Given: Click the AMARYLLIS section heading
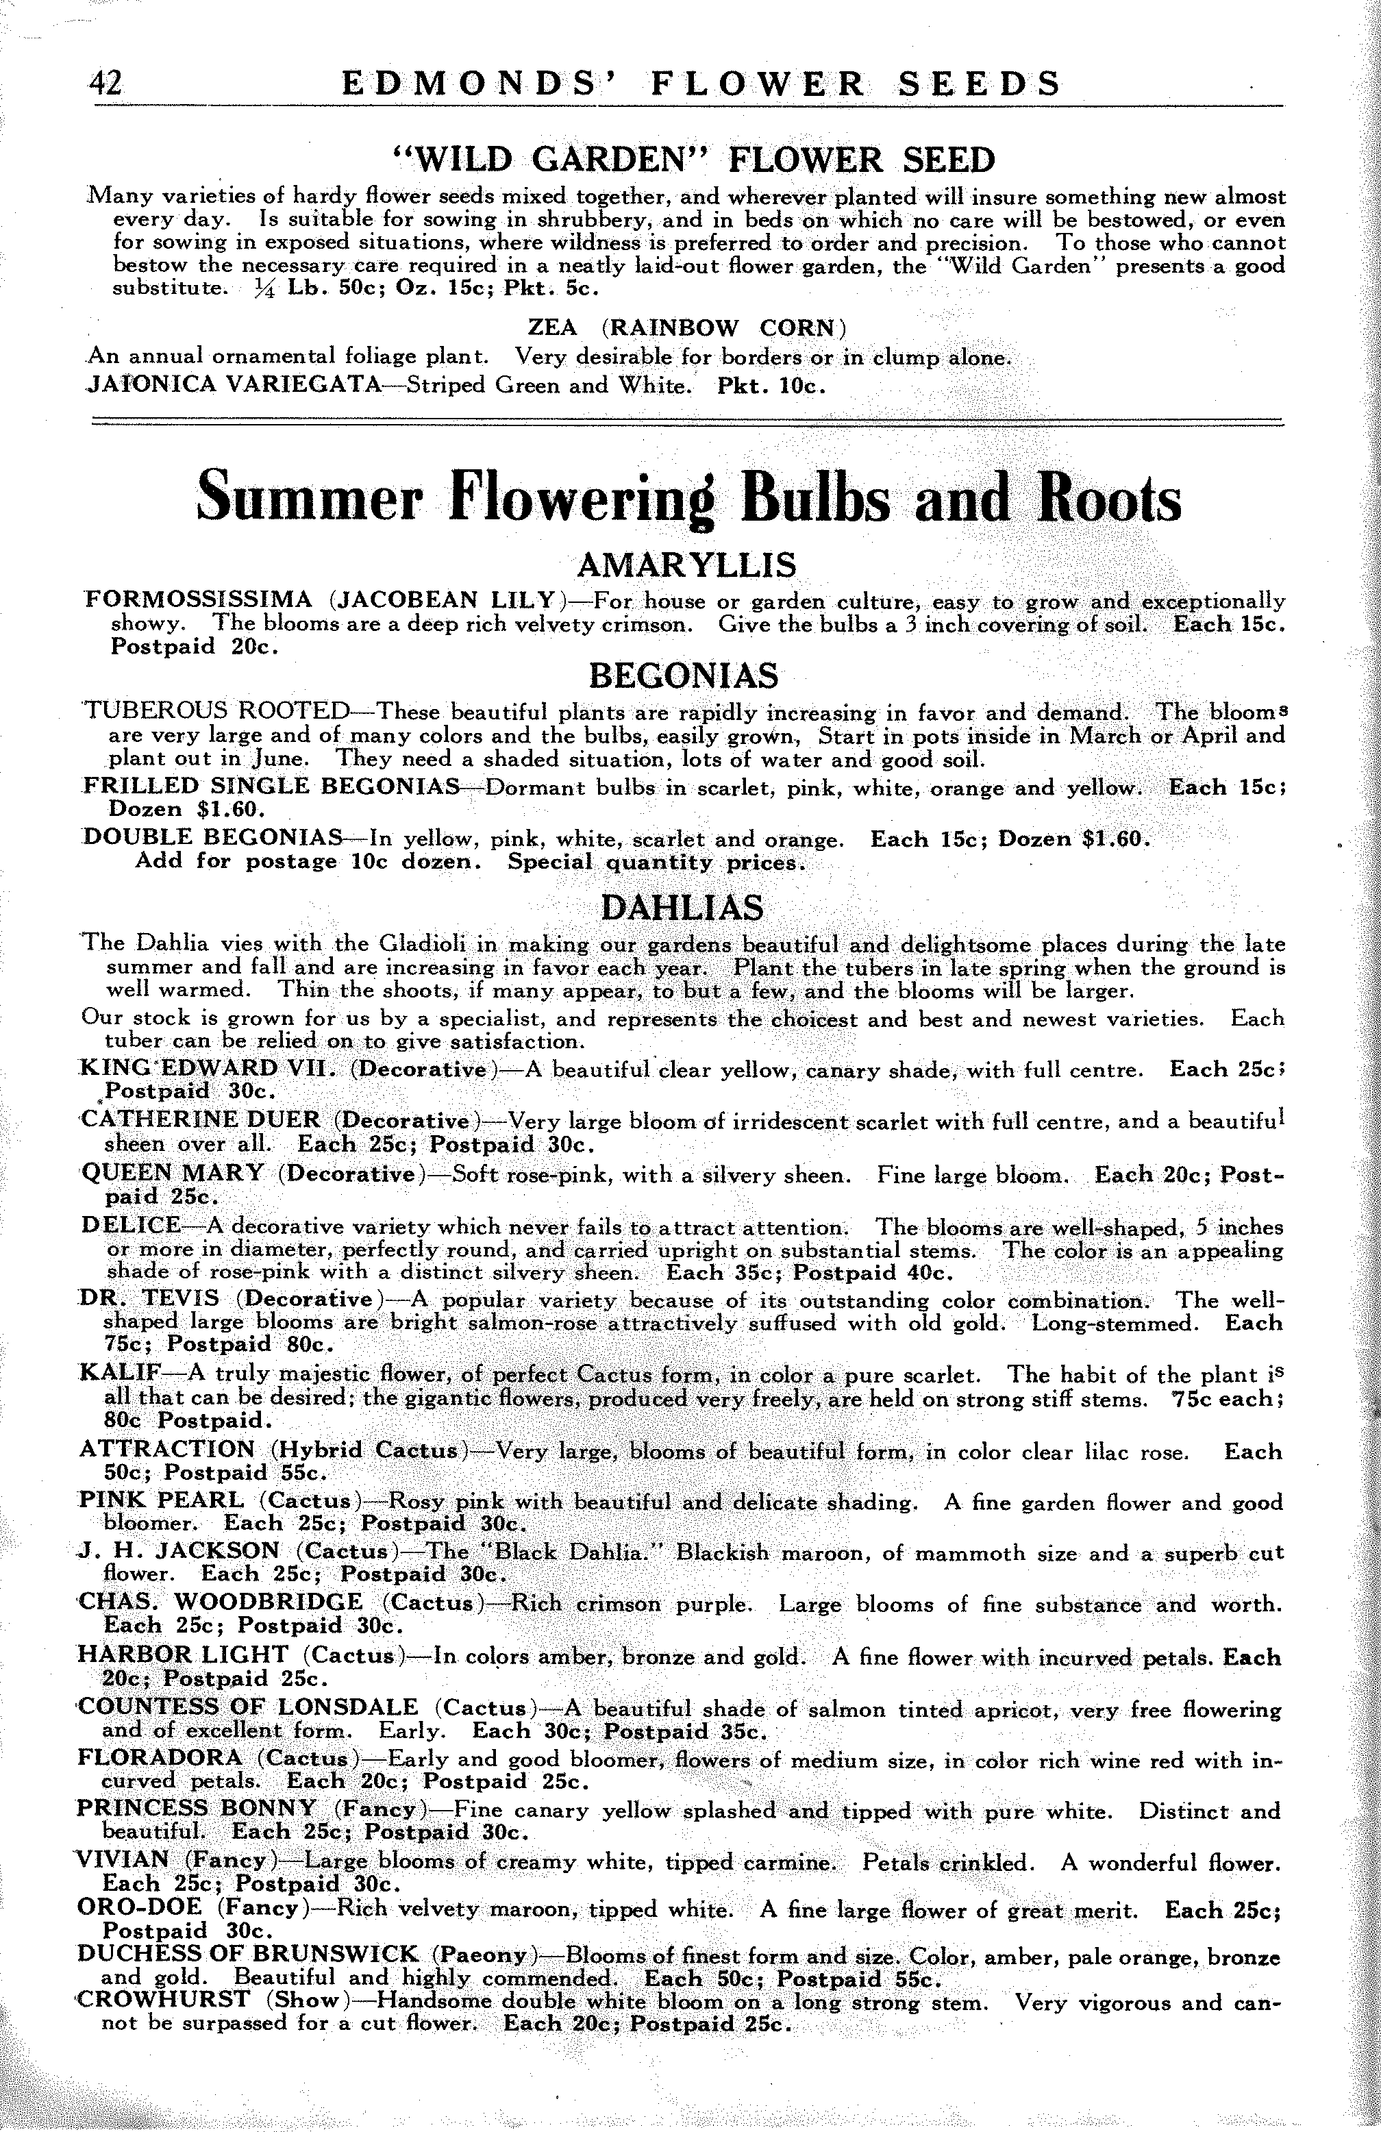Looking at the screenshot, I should click(687, 565).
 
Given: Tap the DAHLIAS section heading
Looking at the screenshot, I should click(682, 908).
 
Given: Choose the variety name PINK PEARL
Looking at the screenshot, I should click(160, 1500).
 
